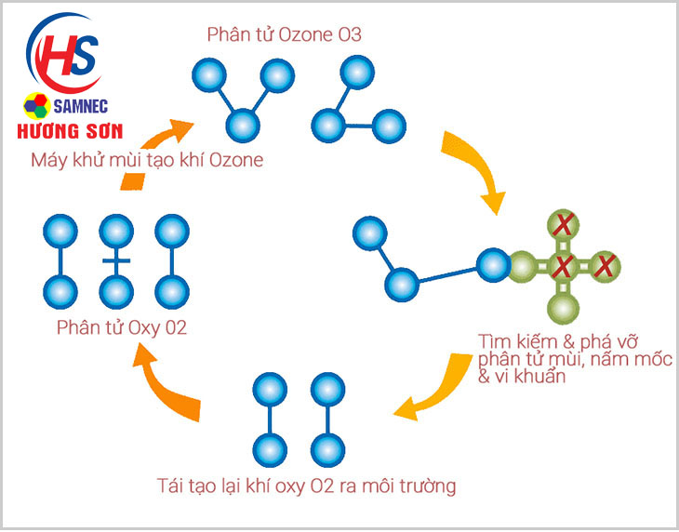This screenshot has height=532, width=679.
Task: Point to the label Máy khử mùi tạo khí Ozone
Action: coord(147,160)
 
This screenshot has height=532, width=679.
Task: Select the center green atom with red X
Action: coord(561,267)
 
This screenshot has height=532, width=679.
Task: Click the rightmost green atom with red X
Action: coord(605,267)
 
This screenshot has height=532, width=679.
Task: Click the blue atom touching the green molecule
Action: coord(493,266)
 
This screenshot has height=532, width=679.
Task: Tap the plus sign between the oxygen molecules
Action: coord(116,261)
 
